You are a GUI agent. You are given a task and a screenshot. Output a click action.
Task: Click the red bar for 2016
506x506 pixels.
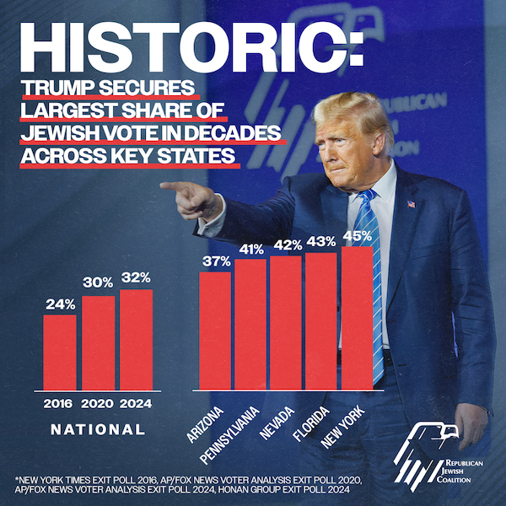pyautogui.click(x=60, y=353)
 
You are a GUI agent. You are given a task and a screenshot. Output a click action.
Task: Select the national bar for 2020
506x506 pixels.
pyautogui.click(x=98, y=343)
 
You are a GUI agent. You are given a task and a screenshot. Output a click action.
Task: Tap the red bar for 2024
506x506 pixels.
pyautogui.click(x=136, y=340)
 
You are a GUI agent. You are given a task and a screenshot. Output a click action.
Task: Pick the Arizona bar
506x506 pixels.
pyautogui.click(x=215, y=331)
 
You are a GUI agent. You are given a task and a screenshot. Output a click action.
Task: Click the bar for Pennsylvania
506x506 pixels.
pyautogui.click(x=250, y=325)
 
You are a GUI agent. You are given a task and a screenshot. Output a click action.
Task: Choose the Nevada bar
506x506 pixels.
pyautogui.click(x=286, y=323)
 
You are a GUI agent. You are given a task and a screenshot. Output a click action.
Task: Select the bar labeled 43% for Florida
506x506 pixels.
pyautogui.click(x=321, y=321)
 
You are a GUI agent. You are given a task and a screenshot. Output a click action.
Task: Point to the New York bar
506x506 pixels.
pyautogui.click(x=358, y=318)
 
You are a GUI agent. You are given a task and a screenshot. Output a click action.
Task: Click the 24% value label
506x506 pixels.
pyautogui.click(x=61, y=304)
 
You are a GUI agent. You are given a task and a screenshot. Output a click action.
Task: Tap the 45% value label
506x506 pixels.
pyautogui.click(x=358, y=236)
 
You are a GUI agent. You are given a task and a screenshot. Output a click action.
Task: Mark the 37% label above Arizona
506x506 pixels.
pyautogui.click(x=217, y=261)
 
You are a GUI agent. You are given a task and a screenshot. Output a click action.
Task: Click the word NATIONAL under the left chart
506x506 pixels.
pyautogui.click(x=98, y=429)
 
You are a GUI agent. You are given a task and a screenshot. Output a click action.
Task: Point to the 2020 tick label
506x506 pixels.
pyautogui.click(x=97, y=404)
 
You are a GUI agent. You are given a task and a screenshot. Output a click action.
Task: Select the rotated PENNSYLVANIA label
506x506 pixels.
pyautogui.click(x=229, y=434)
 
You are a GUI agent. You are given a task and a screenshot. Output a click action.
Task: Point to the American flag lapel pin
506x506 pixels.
pyautogui.click(x=412, y=204)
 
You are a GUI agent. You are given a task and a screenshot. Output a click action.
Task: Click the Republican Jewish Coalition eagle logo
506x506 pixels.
pyautogui.click(x=426, y=455)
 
